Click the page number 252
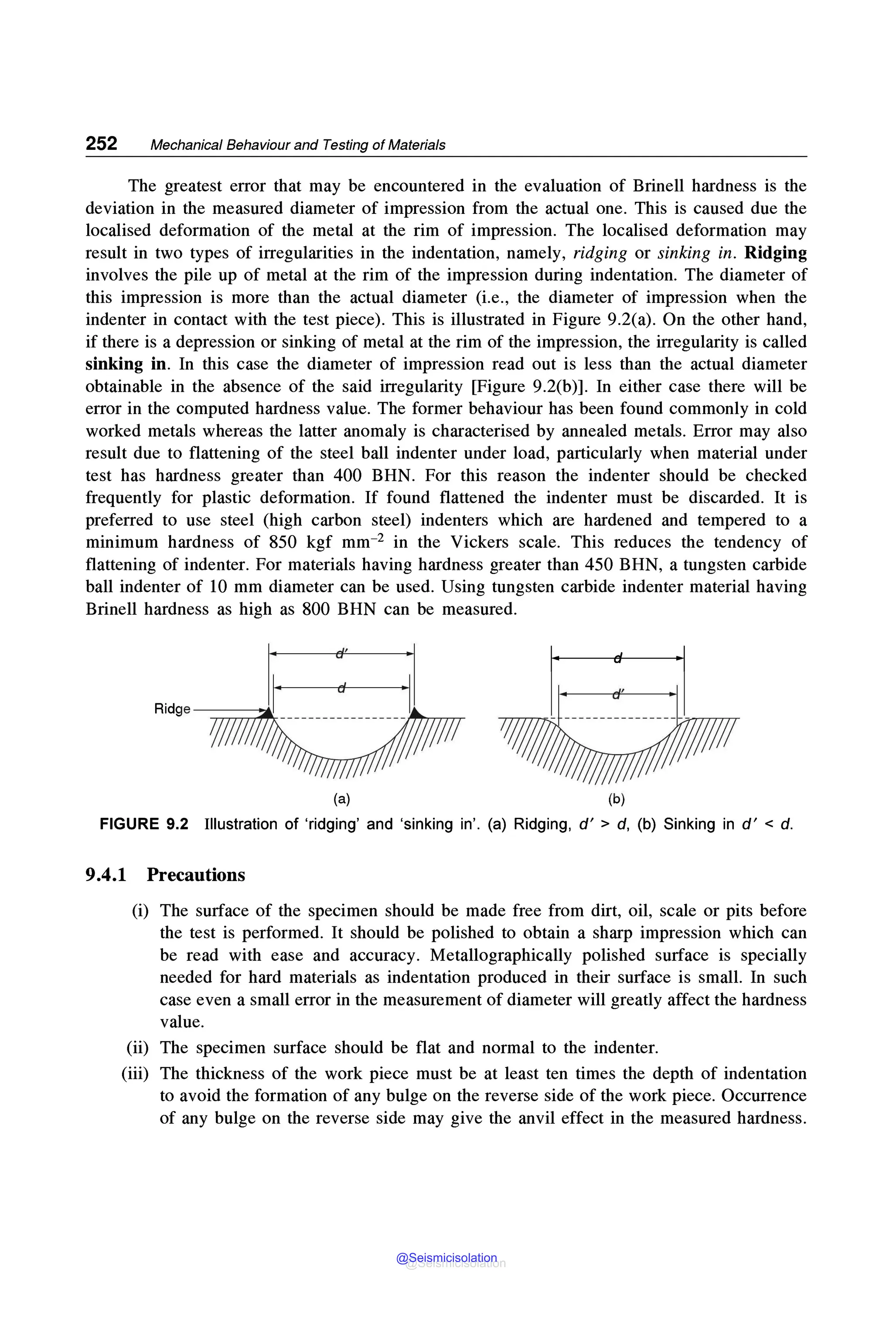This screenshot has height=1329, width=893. [101, 143]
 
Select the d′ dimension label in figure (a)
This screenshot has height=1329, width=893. [341, 654]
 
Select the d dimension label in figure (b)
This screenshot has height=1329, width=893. [617, 658]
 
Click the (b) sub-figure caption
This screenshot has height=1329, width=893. [616, 799]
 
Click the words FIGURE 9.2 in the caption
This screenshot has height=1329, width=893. [143, 824]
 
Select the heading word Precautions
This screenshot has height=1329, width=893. [196, 875]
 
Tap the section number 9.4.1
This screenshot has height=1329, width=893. [106, 875]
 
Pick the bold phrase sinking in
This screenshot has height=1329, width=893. [126, 364]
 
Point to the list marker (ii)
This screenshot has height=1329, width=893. [137, 1048]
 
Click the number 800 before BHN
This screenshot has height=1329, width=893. [316, 609]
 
